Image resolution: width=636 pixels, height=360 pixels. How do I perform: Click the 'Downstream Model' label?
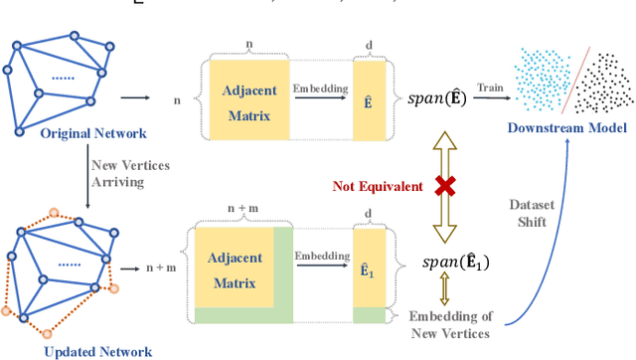pyautogui.click(x=565, y=127)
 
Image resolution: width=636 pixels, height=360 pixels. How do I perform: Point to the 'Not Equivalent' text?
pyautogui.click(x=377, y=186)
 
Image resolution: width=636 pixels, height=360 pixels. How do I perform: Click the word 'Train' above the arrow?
pyautogui.click(x=486, y=89)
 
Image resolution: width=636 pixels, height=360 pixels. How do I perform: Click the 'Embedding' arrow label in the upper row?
pyautogui.click(x=321, y=89)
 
